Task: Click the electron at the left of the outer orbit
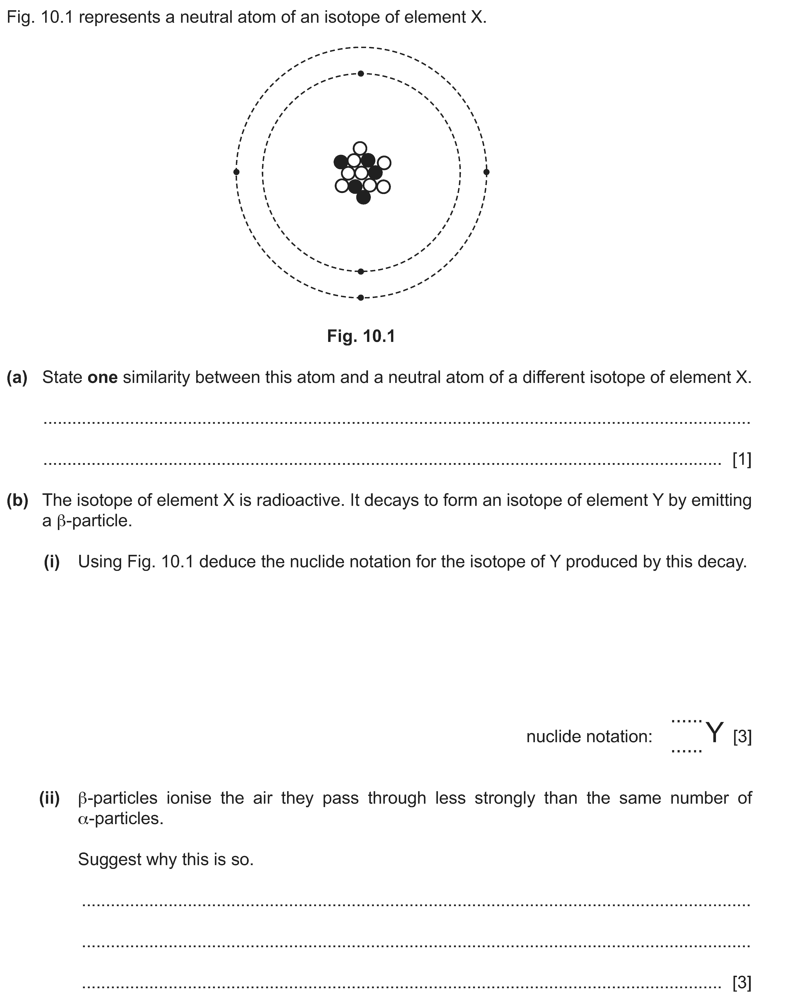pos(236,172)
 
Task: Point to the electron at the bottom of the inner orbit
pos(361,271)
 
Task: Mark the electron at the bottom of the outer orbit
pos(361,297)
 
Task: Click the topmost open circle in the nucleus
pos(360,148)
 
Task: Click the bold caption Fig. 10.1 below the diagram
pos(361,336)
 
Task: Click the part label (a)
pos(17,378)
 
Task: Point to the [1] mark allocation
pos(742,459)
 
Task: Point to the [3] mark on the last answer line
pos(742,982)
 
